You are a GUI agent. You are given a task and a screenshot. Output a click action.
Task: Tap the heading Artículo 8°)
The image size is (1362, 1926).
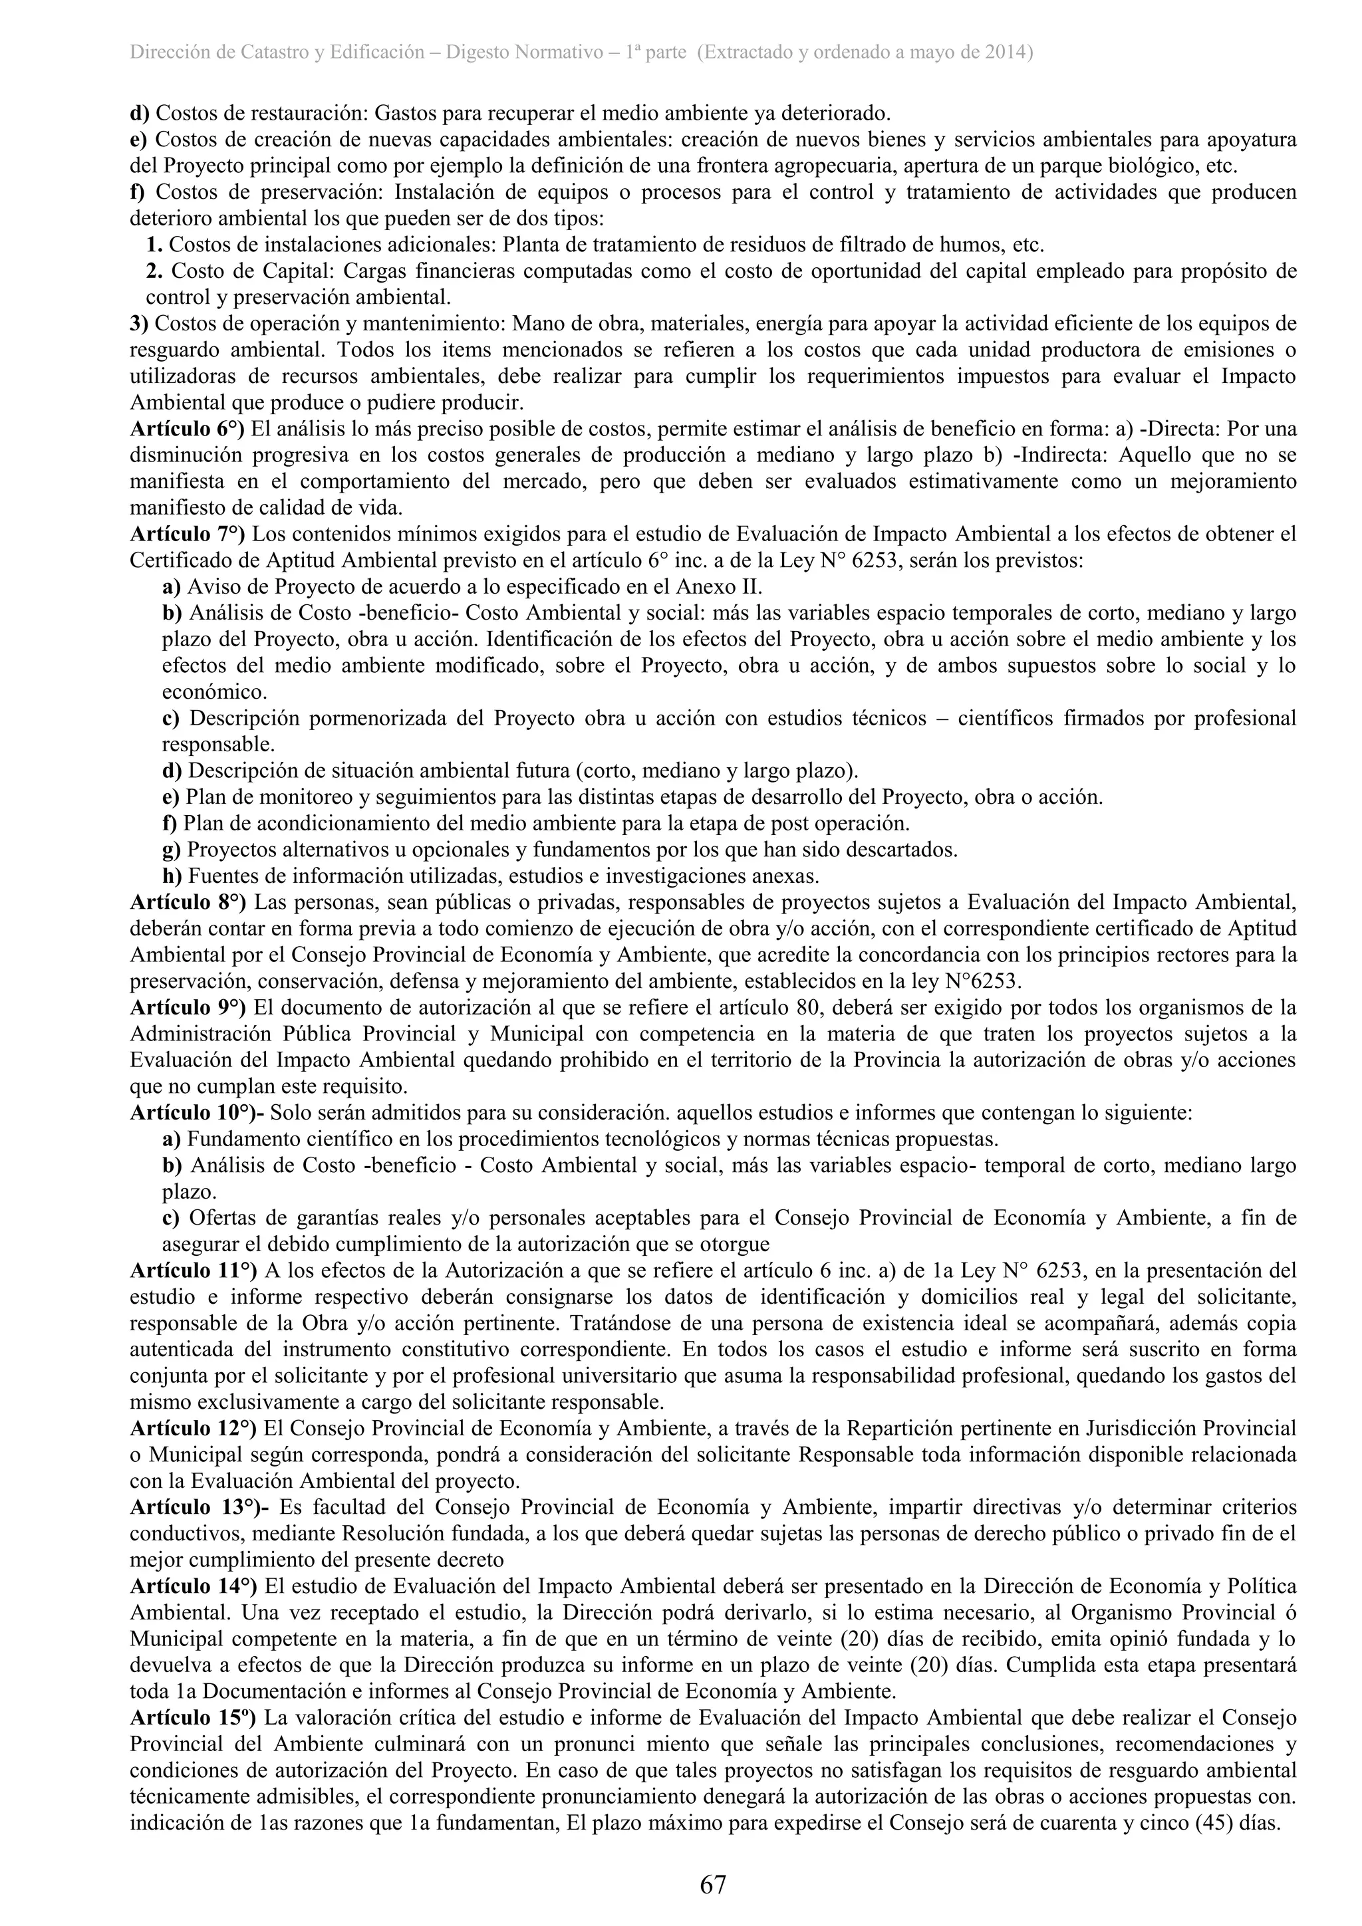188,903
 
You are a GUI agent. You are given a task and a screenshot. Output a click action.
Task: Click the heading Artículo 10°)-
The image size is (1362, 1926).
198,1113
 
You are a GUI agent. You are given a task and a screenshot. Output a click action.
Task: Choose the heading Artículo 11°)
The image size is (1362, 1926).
193,1270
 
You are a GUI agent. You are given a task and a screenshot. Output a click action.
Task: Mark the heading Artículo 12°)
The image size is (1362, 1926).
193,1428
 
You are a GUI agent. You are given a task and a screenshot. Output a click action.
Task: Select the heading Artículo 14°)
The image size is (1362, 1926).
193,1586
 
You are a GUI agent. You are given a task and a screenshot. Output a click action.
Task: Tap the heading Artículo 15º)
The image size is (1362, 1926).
193,1717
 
